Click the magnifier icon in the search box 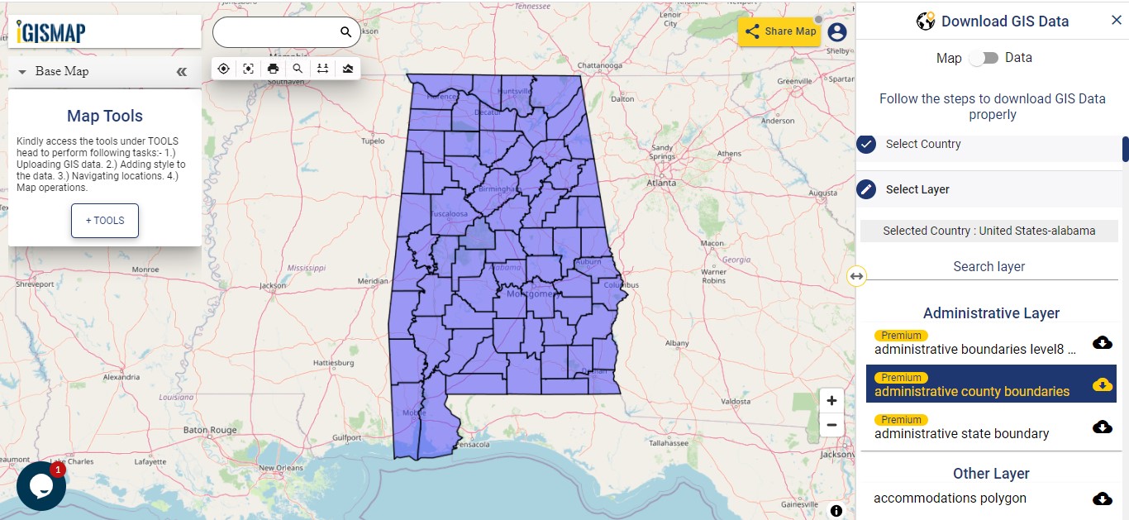[346, 32]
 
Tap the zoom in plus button [831, 400]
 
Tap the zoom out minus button [831, 425]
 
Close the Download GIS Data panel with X [1116, 21]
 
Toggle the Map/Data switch [984, 58]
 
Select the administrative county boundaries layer [972, 391]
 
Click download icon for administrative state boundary [1102, 427]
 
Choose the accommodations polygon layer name [950, 498]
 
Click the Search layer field [988, 266]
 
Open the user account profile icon [837, 32]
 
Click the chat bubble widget [40, 485]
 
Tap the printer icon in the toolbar [273, 69]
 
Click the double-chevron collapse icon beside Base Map [182, 72]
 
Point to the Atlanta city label [661, 183]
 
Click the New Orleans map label [281, 468]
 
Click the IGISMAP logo [51, 32]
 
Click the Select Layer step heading [917, 189]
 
